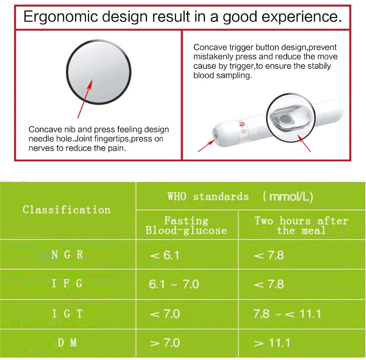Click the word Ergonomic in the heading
(60, 17)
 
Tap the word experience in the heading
(301, 17)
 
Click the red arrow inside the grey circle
(85, 99)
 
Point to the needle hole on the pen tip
(215, 136)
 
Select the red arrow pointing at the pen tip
(206, 146)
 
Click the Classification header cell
(66, 210)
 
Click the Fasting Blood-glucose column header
(186, 226)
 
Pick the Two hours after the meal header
(301, 226)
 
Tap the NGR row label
(67, 255)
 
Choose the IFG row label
(67, 283)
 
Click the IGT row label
(67, 313)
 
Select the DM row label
(67, 343)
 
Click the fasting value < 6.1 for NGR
(164, 255)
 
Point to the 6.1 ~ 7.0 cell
(174, 284)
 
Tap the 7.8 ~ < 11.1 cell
(287, 314)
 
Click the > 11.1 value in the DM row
(272, 343)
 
